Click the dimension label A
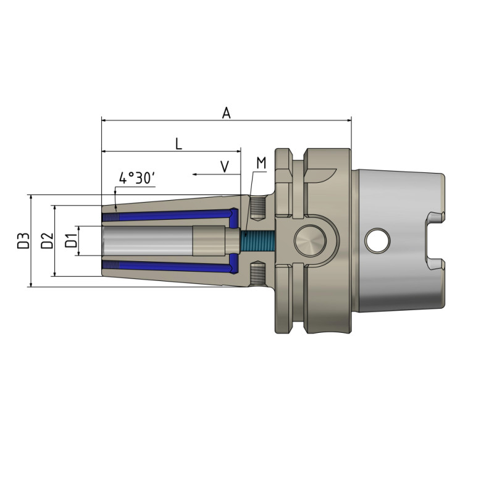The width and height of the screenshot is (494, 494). pos(227,112)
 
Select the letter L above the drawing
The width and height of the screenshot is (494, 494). pos(178,144)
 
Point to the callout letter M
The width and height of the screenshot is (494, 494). pos(261,163)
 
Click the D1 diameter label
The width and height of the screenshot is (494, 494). pos(72,240)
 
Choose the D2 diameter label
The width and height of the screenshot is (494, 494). pos(46,240)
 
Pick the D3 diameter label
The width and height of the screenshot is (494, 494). pos(23,240)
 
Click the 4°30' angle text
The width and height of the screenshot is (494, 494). pos(136,178)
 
